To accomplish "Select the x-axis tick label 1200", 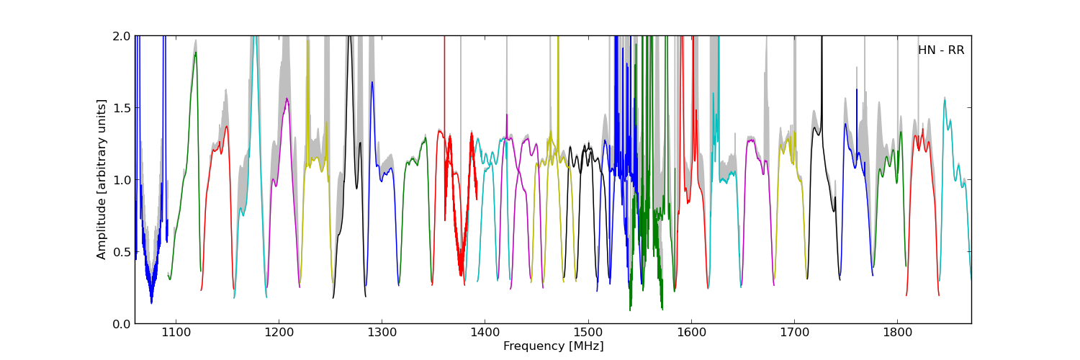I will [x=279, y=333].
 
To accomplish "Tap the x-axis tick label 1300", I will [x=382, y=333].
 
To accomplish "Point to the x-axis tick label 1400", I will [x=485, y=333].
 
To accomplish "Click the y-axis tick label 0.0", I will [x=121, y=324].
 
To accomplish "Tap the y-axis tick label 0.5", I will [x=121, y=252].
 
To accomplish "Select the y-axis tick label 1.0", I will [x=121, y=180].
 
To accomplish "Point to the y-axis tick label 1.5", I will [x=121, y=108].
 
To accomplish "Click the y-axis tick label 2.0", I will [x=121, y=36].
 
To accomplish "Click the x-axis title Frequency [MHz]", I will [x=553, y=346].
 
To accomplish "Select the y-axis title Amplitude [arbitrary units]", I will [x=102, y=179].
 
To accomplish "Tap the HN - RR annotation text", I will [x=940, y=50].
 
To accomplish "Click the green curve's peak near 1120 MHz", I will [x=195, y=53].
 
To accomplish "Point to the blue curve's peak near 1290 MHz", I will [x=372, y=82].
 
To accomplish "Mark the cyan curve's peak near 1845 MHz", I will [x=945, y=99].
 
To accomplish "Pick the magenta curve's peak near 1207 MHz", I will [x=287, y=99].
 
